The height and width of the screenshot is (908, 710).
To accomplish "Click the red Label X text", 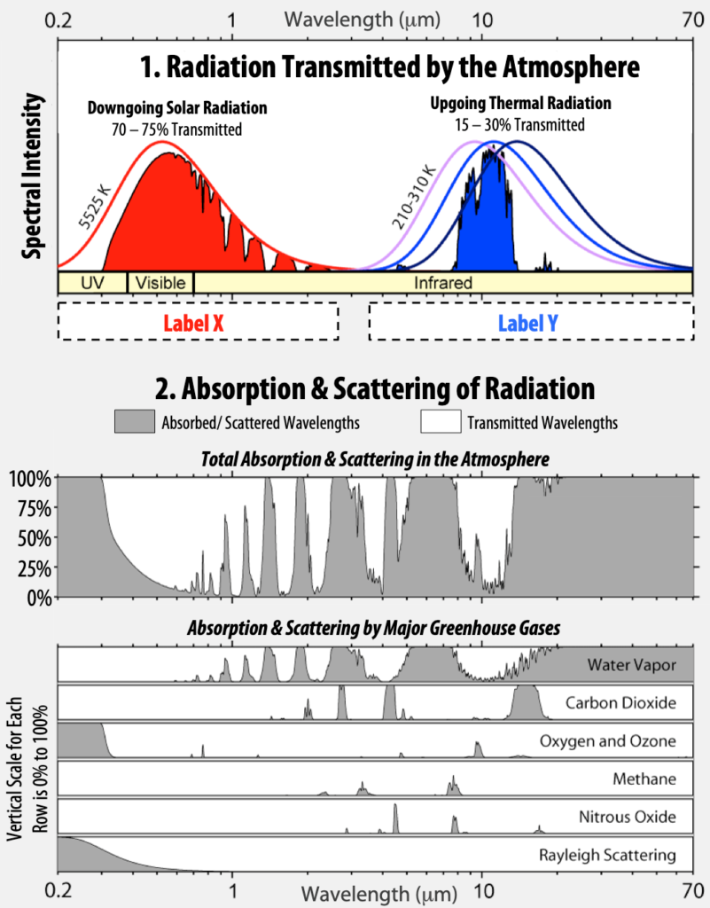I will point(192,324).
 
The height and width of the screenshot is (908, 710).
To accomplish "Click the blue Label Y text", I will point(528,324).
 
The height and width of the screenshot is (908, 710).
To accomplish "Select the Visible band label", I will point(160,283).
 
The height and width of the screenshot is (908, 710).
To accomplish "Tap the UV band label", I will point(92,283).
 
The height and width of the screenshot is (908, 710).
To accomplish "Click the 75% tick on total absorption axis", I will point(34,509).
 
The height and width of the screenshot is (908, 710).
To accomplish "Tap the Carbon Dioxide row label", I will point(620,703).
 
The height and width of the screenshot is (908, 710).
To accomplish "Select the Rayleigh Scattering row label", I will point(608,856).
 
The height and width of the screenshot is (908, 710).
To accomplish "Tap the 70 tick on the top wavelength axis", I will point(694,18).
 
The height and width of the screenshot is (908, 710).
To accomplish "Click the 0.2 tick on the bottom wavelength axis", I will point(59,888).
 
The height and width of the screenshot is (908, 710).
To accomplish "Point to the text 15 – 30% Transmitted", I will point(521,125).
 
